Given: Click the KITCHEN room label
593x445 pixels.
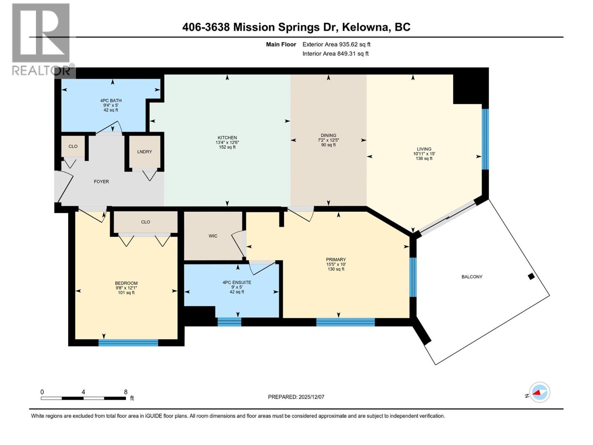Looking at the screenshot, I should pos(227,138).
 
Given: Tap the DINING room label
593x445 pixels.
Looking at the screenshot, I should pos(328,135).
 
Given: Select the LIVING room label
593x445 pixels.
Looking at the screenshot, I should pos(424,149).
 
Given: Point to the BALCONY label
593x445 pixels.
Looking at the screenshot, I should pos(472,277).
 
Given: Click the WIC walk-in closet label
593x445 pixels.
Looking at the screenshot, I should pos(213,236).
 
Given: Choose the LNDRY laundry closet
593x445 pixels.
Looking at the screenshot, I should pos(145,152).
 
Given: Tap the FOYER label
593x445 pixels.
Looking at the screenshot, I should pos(101,182).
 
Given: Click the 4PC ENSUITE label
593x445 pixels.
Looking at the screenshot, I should pos(237,283).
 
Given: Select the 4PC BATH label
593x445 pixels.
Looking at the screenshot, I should pos(111,100).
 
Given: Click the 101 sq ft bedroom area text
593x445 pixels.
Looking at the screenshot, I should pos(126,293).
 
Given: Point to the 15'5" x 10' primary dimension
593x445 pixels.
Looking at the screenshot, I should pos(336,264).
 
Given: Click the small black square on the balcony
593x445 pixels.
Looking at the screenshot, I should pos(531,276).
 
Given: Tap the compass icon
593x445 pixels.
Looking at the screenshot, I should pos(540,392).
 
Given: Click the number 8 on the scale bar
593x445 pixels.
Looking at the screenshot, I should pos(126,392).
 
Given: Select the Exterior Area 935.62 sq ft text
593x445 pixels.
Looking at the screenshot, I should pos(336,44).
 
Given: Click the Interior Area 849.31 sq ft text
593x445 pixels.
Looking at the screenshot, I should pos(335,54).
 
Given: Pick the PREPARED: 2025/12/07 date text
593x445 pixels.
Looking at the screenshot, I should pos(296,397).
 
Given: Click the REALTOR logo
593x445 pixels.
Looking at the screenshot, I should pos(42,39).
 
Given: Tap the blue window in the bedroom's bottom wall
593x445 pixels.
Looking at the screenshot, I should pos(128,343).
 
